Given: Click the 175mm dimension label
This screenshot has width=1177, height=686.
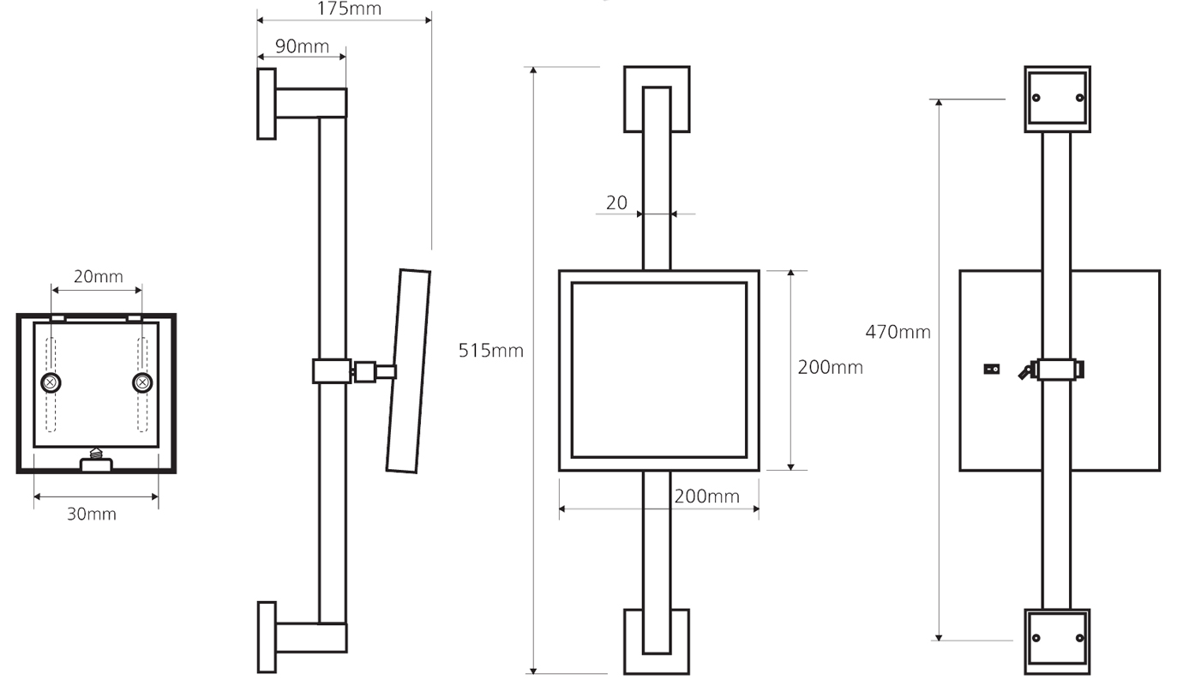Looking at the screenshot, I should tap(344, 9).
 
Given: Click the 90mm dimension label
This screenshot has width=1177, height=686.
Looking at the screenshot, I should tap(302, 46).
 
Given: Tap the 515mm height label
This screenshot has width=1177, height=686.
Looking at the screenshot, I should tap(490, 350).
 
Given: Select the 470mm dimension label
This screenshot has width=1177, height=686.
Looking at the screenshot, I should tap(898, 331).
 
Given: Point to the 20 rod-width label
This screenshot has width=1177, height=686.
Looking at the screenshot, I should tap(616, 203).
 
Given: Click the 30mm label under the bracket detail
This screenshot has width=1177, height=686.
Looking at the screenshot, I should tap(92, 514).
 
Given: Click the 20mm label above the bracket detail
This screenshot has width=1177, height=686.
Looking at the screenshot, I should tap(97, 276).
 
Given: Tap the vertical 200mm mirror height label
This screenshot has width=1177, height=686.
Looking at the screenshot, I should tap(829, 367).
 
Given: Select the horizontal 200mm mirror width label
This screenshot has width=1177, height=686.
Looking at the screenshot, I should tap(706, 496).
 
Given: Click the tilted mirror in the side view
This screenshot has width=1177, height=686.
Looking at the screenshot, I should tap(408, 370).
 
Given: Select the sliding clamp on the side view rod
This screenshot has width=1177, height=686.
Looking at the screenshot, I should tap(332, 371).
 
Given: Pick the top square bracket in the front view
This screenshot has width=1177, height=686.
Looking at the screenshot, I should tap(657, 99).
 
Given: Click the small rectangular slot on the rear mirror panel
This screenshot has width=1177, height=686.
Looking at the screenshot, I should tap(992, 370).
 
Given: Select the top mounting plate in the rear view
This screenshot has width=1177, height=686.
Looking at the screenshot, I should tap(1057, 99).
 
